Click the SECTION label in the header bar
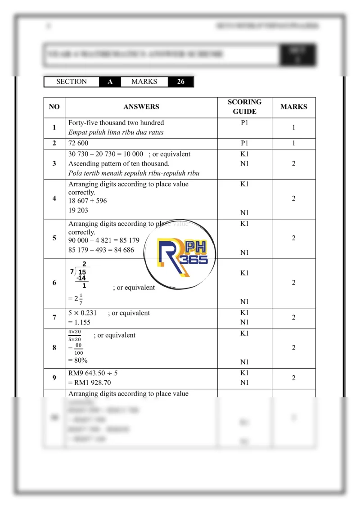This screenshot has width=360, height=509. point(72,82)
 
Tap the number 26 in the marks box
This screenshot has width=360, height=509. point(180,82)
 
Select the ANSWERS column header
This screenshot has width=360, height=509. point(141,107)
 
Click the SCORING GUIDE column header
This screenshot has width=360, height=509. point(244,107)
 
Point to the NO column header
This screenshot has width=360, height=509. point(54,107)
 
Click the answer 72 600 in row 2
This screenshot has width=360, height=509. point(78,143)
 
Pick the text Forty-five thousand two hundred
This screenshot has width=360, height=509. point(116,123)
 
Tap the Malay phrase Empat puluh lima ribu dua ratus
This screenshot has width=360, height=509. point(116,132)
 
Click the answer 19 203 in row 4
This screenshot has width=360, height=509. point(78,210)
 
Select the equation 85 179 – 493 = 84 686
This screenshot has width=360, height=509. point(101,250)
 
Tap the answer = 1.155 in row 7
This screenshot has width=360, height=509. point(81,322)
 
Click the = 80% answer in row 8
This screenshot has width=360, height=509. point(79,360)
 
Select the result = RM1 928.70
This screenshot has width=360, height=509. point(90,383)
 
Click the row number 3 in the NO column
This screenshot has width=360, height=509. point(54,164)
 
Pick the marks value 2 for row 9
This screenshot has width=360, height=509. point(293,378)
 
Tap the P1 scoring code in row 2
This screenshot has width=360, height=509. point(244,143)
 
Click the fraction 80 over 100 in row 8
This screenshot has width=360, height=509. point(78,349)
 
